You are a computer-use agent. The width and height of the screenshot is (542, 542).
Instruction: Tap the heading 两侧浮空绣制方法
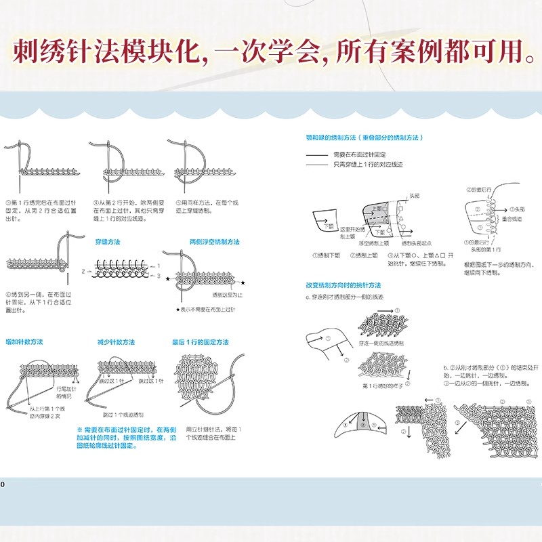(x=214, y=242)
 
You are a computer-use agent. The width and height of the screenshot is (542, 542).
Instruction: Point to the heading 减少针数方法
(x=116, y=341)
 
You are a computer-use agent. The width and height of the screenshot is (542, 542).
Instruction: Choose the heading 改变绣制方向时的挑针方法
(x=343, y=286)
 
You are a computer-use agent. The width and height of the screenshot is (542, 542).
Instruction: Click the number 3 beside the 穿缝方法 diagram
(x=159, y=276)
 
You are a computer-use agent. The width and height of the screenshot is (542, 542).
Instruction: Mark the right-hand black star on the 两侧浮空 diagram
(x=243, y=279)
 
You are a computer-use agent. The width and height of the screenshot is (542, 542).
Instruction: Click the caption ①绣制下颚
(x=326, y=255)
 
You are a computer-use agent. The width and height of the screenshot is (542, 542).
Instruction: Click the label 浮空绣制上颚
(x=373, y=243)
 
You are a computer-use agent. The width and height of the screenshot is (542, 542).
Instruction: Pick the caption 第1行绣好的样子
(x=382, y=385)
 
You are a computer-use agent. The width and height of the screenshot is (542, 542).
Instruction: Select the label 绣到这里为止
(x=226, y=295)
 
